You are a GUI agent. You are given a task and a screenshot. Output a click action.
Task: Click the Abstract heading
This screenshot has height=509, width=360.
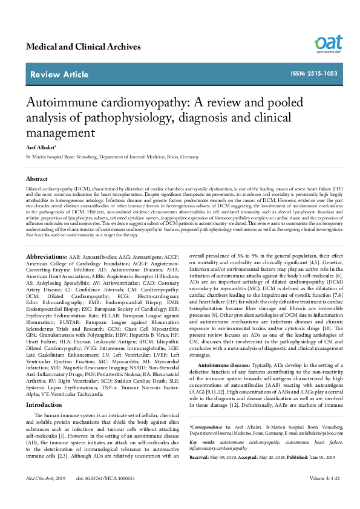(37, 180)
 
